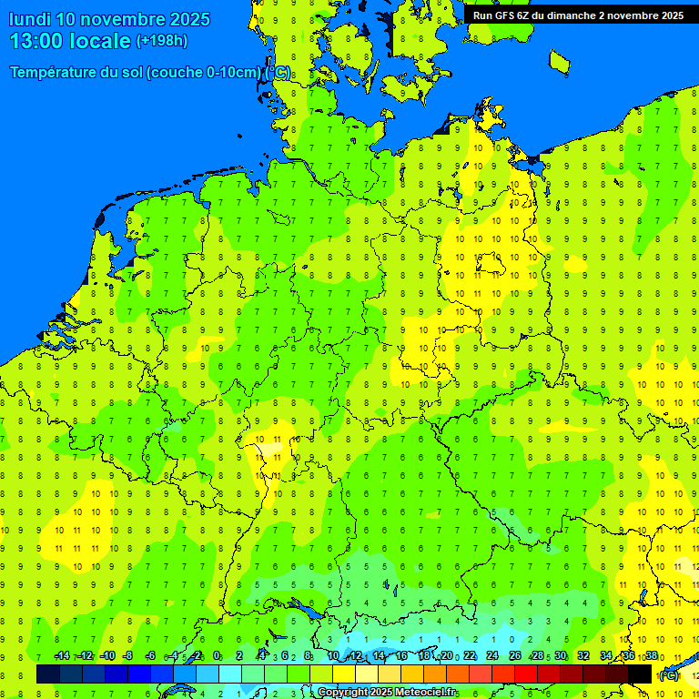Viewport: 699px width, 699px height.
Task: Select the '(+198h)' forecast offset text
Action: point(161,41)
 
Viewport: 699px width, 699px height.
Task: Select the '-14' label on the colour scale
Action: point(62,656)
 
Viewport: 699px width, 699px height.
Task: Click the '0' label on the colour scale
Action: point(217,656)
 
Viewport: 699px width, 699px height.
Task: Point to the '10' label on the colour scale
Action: point(333,656)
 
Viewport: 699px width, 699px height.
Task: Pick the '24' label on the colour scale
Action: point(492,656)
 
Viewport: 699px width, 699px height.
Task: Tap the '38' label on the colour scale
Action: point(652,656)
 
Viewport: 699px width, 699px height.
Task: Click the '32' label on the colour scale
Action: point(583,656)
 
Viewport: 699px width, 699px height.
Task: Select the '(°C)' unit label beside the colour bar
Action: point(669,675)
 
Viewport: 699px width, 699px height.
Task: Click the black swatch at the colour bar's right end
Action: point(640,674)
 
